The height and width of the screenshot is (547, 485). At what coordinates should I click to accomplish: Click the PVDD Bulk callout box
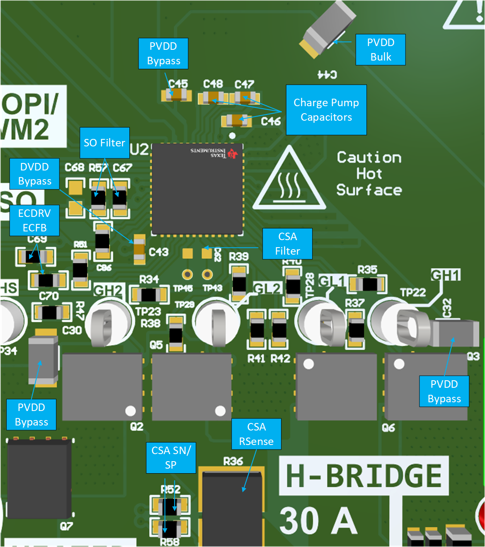[381, 50]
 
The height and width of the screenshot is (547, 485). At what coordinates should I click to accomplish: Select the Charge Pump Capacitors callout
[326, 110]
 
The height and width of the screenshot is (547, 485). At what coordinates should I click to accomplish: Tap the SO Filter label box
[104, 143]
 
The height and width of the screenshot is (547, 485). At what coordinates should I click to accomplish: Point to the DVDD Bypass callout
[34, 174]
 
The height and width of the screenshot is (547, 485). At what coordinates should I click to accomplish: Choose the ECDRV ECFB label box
[34, 220]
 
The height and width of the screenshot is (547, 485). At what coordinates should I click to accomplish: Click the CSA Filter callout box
[287, 244]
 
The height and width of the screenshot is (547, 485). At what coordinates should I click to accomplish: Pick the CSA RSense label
[256, 434]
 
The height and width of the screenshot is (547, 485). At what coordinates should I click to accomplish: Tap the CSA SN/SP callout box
[171, 458]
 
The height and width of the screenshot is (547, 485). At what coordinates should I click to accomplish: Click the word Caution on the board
[369, 158]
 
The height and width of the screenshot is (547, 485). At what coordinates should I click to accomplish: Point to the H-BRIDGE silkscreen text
[364, 476]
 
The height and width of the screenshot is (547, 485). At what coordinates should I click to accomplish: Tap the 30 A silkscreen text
[318, 521]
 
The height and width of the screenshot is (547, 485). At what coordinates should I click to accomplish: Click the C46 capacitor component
[237, 121]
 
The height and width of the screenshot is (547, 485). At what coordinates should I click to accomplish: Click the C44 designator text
[327, 75]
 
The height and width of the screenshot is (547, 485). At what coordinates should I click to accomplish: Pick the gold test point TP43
[207, 275]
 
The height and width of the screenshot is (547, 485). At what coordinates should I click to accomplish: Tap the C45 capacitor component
[177, 95]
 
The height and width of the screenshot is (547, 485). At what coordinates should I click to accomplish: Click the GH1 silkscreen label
[446, 275]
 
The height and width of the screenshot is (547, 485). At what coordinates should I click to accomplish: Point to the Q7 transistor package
[39, 479]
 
